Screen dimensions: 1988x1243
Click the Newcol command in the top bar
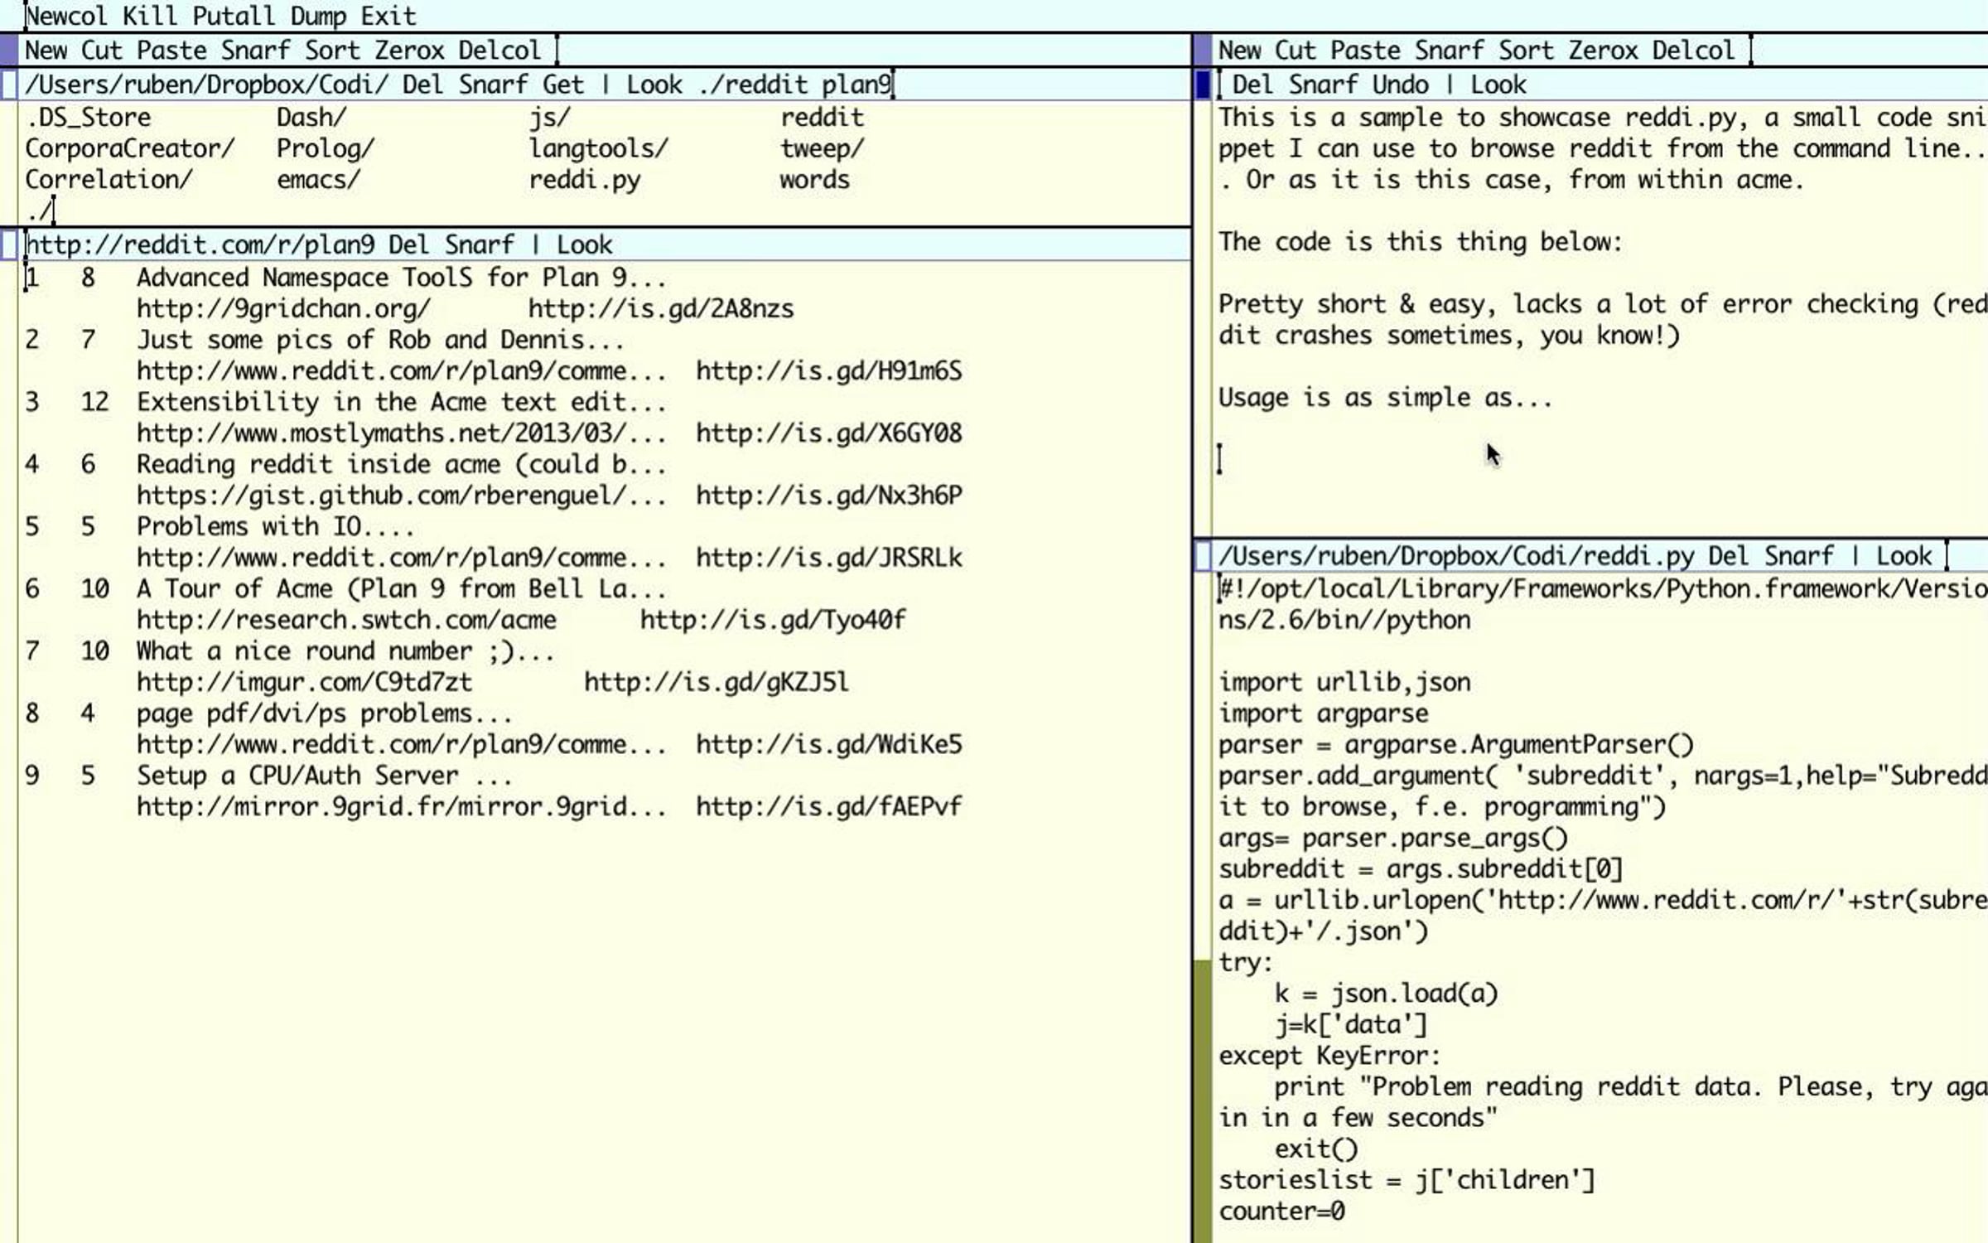click(66, 16)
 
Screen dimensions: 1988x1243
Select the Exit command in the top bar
click(388, 16)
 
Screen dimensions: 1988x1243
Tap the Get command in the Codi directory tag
click(562, 84)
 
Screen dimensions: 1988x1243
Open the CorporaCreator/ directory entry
click(130, 148)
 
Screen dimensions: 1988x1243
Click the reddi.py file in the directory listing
click(585, 180)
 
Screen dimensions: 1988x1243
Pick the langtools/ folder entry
click(599, 148)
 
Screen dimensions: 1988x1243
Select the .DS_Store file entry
click(89, 117)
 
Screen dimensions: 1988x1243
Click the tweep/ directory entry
click(823, 148)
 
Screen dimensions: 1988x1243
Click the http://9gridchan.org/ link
click(284, 309)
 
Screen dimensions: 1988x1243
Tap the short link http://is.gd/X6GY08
click(829, 433)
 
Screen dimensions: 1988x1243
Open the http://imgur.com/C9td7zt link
click(305, 682)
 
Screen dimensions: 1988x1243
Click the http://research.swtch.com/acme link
click(347, 620)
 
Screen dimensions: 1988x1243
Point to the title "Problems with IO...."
click(276, 526)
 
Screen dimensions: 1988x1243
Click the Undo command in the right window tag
click(1400, 84)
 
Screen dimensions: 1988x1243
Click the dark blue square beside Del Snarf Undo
click(1203, 85)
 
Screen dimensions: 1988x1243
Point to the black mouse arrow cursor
click(1493, 455)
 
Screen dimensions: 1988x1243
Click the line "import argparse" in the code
click(1324, 713)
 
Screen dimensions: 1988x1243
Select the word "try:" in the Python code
click(1246, 962)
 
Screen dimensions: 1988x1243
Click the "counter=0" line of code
click(1281, 1212)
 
